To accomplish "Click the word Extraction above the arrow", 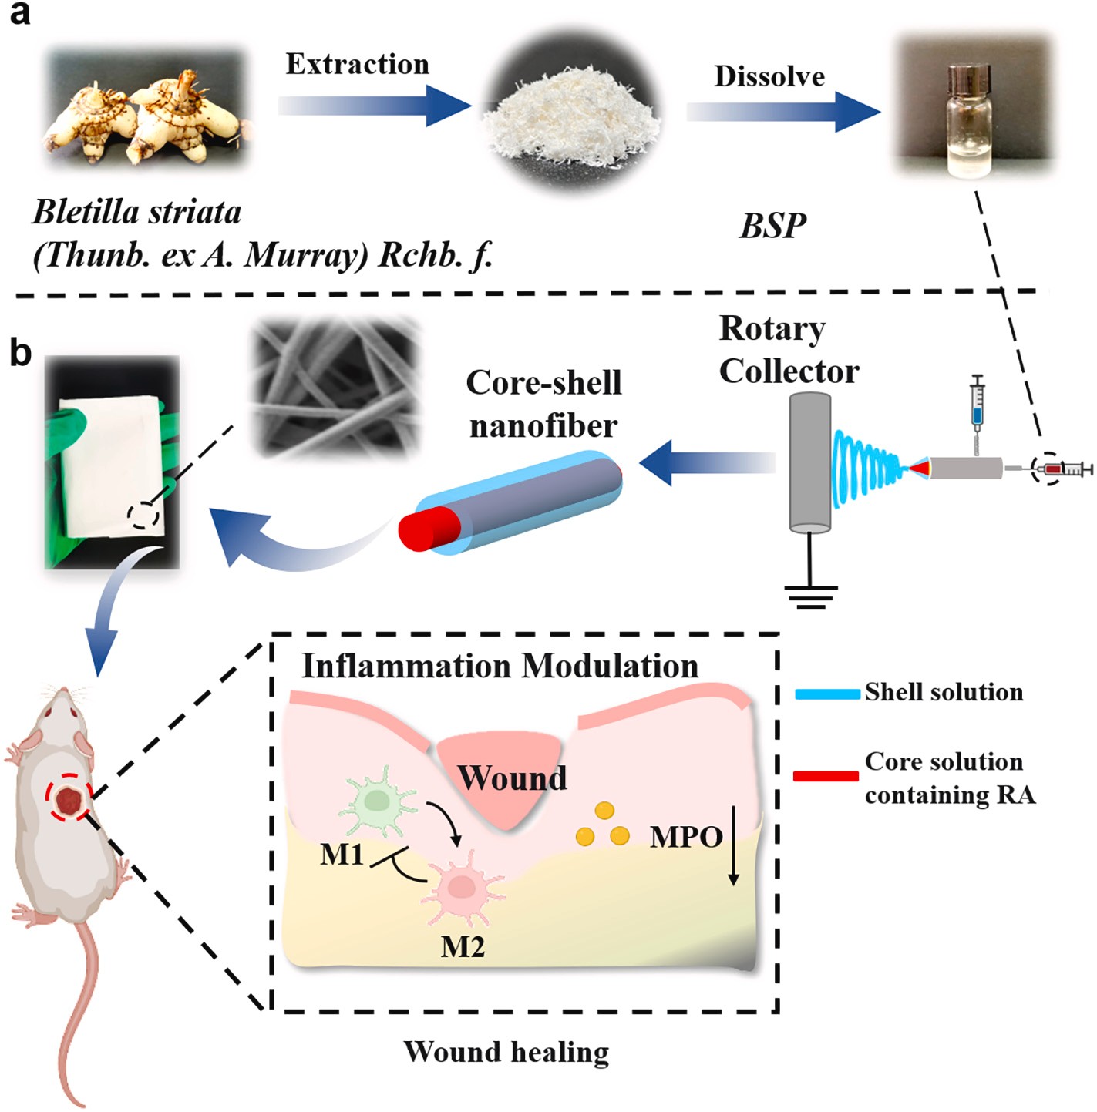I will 357,64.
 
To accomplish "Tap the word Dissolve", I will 769,76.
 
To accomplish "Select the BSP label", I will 773,226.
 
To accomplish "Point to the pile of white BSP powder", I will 571,119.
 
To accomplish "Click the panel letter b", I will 20,353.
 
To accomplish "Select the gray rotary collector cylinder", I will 810,462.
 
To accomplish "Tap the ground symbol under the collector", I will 810,596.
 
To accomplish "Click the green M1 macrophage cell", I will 378,801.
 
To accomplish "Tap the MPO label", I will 686,837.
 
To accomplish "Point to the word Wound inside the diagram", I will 512,778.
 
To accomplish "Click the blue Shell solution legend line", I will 827,694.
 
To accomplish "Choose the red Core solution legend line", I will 826,776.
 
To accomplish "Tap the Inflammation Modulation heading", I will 500,667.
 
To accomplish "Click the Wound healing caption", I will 506,1052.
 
